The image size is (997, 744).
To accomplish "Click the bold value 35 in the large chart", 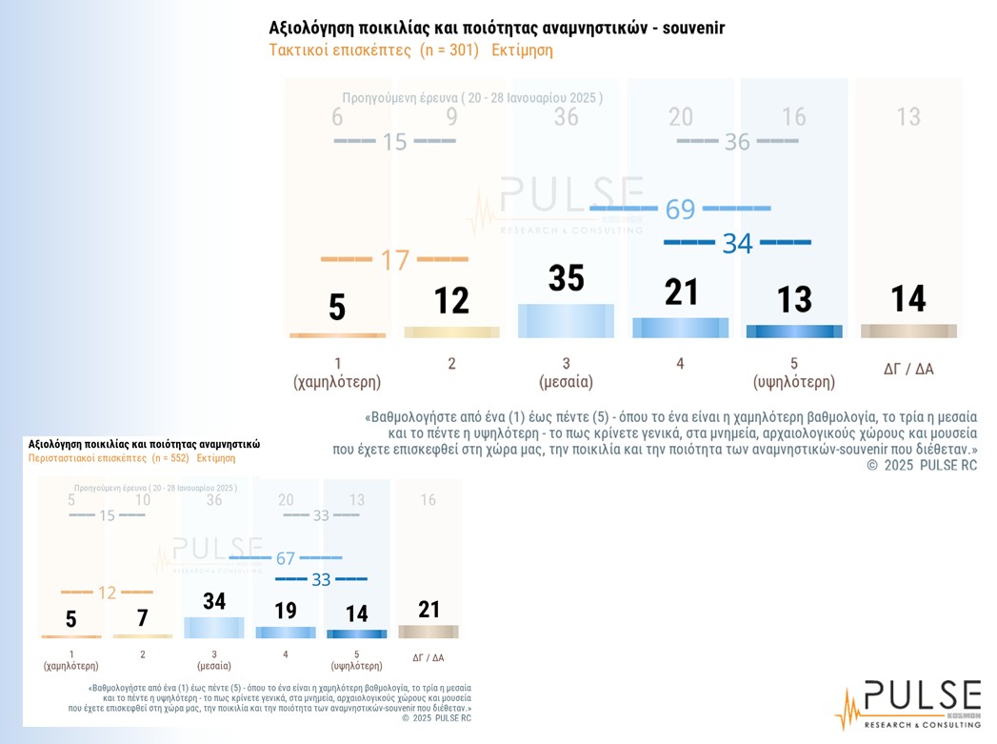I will coord(566,278).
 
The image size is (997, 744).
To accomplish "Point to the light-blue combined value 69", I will coord(680,209).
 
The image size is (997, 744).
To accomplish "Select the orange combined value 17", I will coord(394,259).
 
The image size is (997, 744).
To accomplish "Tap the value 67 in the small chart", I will coord(284,557).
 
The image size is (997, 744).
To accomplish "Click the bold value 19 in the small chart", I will coord(285,611).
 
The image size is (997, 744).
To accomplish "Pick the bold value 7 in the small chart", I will coord(143,618).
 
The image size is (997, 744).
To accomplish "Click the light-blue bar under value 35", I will coord(566,320).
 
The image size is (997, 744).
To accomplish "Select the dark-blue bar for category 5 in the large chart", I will coord(794,332).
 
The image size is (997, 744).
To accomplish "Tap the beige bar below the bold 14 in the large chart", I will coord(908,331).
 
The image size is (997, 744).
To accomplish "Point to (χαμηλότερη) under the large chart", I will coord(337,382).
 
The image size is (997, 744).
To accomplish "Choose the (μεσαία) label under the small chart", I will coord(214,666).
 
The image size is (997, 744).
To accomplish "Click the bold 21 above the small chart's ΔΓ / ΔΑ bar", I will coord(428,609).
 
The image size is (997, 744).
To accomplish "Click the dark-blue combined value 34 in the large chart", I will coord(737,243).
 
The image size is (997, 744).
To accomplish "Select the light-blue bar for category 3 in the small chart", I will coord(214,628).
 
